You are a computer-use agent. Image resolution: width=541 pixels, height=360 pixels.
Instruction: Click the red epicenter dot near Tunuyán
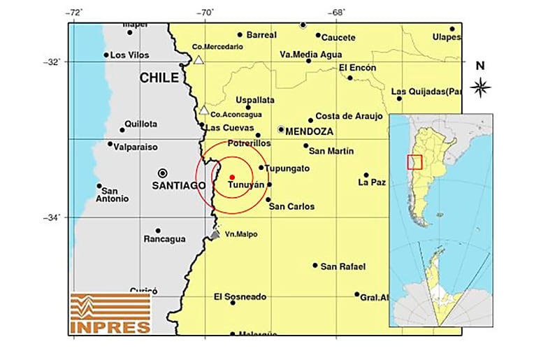click(232, 177)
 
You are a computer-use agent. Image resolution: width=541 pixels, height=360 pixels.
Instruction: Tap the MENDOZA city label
click(310, 131)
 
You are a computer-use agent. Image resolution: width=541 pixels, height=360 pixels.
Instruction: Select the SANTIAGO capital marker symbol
click(163, 173)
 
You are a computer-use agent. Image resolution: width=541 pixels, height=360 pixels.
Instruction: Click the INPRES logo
click(110, 313)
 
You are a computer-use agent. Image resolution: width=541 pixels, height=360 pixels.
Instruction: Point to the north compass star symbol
click(480, 87)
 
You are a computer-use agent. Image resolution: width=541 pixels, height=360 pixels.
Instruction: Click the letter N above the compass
click(480, 66)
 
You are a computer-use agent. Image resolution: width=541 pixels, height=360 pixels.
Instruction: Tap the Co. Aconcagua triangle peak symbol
click(203, 110)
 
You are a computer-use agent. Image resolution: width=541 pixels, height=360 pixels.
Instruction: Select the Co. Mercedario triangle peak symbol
click(199, 60)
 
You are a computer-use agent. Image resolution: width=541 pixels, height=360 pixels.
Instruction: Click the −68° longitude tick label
click(337, 13)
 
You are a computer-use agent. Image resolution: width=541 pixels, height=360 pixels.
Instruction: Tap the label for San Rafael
click(342, 266)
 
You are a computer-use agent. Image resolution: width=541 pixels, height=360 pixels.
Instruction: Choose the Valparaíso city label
click(137, 147)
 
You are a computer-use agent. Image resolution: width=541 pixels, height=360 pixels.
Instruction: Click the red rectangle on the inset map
click(414, 162)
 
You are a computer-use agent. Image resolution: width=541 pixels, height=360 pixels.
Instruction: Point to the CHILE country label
click(159, 78)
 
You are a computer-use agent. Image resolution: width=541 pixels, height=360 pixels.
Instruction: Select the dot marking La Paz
click(366, 175)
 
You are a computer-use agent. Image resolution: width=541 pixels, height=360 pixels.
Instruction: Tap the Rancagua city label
click(165, 240)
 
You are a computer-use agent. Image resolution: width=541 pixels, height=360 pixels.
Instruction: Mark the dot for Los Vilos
click(106, 55)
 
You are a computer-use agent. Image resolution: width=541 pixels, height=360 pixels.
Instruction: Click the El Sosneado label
click(240, 297)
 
